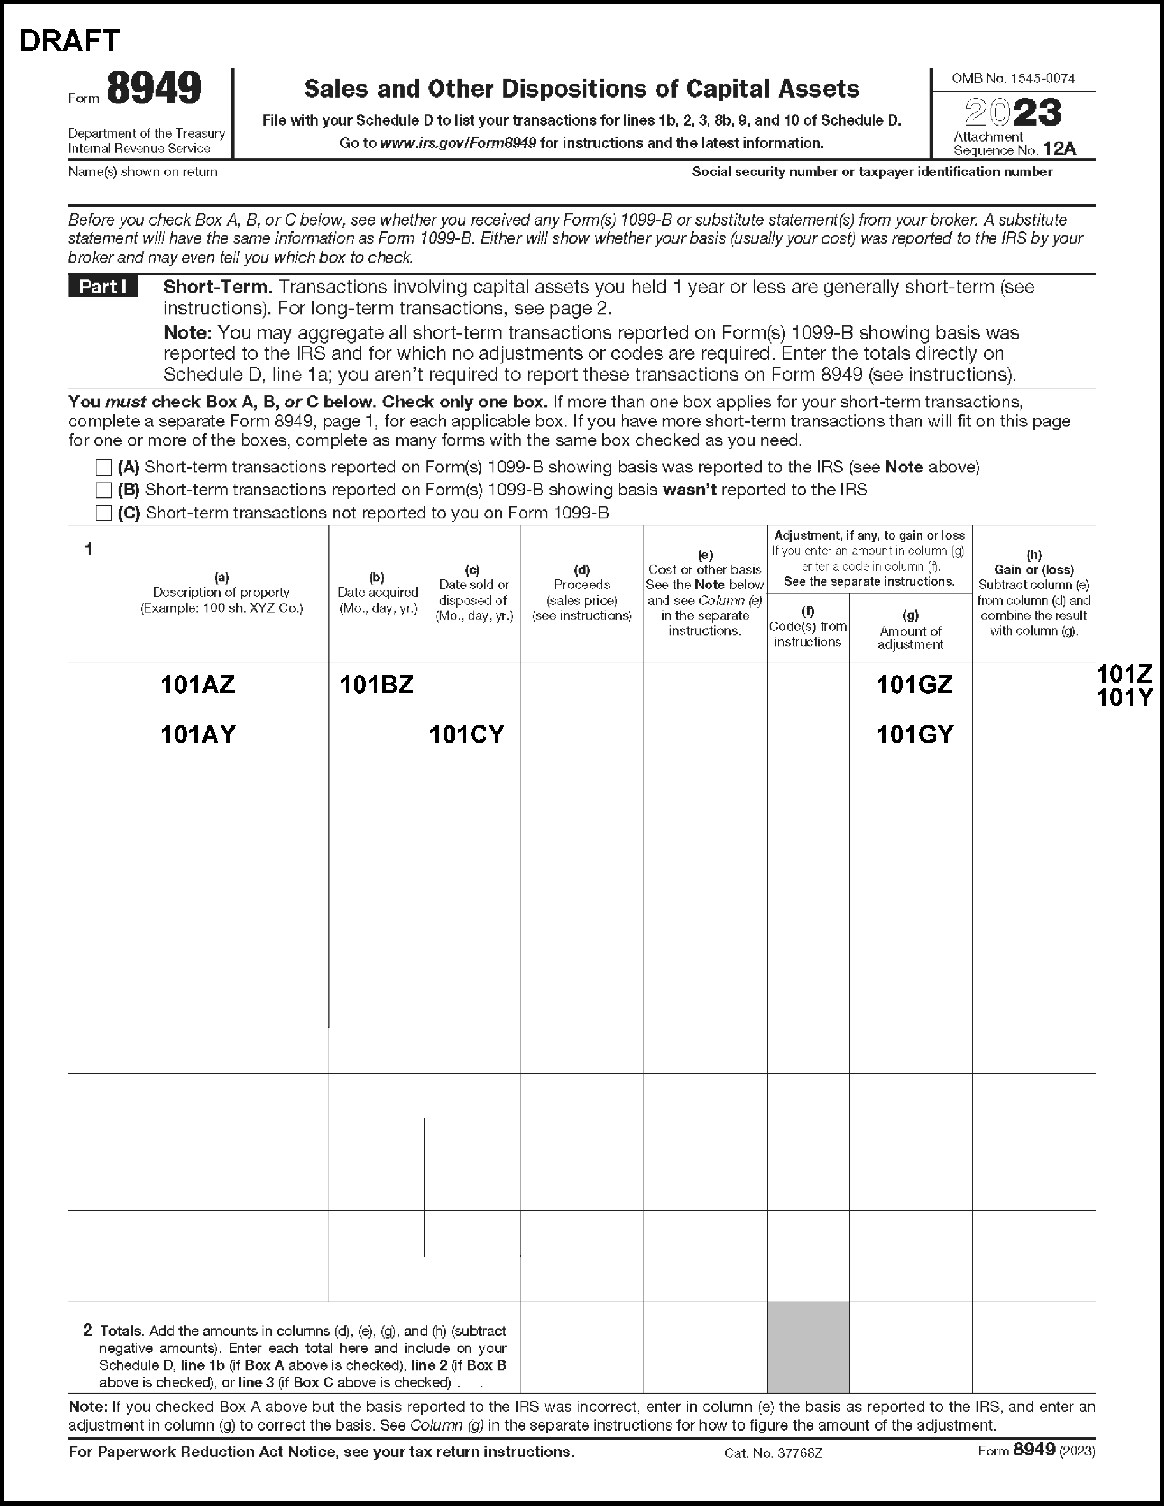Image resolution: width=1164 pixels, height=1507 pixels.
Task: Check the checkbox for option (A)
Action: point(103,467)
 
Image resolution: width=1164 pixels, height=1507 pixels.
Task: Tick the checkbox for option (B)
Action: point(103,490)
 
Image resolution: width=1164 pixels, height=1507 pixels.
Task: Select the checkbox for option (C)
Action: point(103,513)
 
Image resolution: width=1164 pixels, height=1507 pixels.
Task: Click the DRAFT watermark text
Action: point(69,41)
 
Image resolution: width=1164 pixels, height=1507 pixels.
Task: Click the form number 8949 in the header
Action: point(154,89)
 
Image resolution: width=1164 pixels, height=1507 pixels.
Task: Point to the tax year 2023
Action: point(1013,112)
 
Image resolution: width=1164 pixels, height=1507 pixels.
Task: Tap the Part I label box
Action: point(103,287)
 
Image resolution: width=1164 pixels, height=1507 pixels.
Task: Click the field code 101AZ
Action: point(198,685)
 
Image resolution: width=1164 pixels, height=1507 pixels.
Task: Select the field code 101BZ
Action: point(376,685)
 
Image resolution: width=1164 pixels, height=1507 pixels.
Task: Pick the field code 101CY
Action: point(467,734)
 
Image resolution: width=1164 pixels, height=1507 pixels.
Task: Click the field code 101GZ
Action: point(914,685)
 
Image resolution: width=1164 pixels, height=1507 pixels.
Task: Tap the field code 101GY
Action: point(914,734)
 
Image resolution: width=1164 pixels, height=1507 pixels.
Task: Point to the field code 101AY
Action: point(198,734)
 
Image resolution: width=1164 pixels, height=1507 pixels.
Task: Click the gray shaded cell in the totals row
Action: point(807,1347)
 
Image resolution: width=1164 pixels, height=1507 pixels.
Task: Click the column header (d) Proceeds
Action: point(581,593)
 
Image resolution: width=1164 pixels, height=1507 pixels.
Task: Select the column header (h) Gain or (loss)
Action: point(1033,562)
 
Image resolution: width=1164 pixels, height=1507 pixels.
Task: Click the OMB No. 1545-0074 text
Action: point(1013,78)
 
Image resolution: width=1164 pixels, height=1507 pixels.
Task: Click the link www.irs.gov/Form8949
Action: point(458,143)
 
